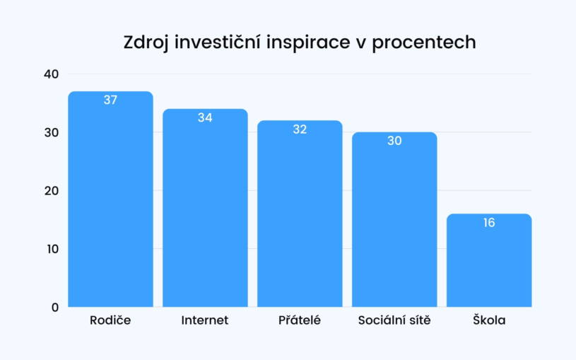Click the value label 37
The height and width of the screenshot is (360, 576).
110,100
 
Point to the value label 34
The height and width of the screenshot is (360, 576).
205,118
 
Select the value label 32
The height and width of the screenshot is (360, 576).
300,129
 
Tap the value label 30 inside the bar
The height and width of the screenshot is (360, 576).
394,141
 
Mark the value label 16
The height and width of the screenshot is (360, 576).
489,223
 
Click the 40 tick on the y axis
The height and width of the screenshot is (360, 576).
52,74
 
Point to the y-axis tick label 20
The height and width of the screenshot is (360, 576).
52,191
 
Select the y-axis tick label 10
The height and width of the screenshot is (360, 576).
52,249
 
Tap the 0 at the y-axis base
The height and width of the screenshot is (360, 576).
55,308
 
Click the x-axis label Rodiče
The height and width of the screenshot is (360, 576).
110,320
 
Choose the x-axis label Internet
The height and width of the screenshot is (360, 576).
205,320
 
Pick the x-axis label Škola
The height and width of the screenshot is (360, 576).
489,320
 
